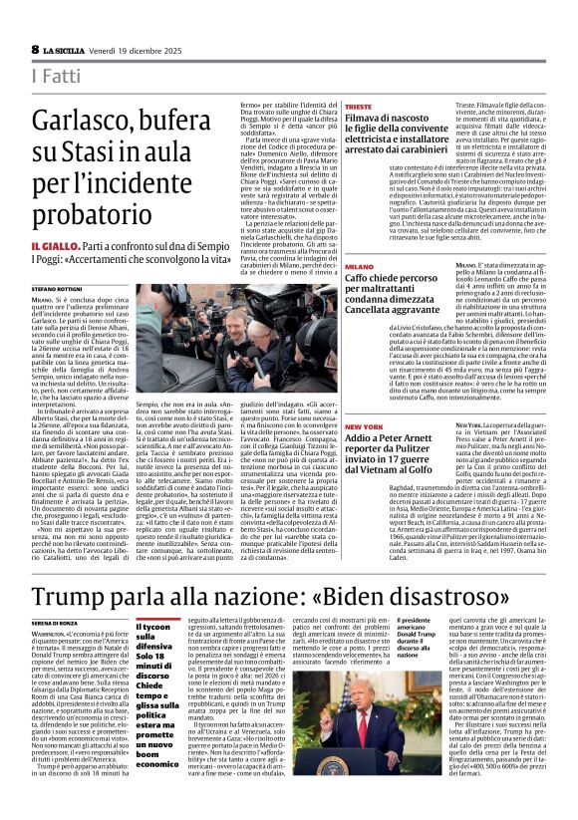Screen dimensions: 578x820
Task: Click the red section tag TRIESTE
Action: click(360, 106)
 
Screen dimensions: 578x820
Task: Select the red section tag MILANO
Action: click(360, 268)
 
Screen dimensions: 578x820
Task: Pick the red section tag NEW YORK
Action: click(364, 426)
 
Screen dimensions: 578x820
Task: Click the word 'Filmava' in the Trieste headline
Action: click(370, 120)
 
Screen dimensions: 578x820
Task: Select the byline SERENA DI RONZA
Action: click(58, 622)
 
